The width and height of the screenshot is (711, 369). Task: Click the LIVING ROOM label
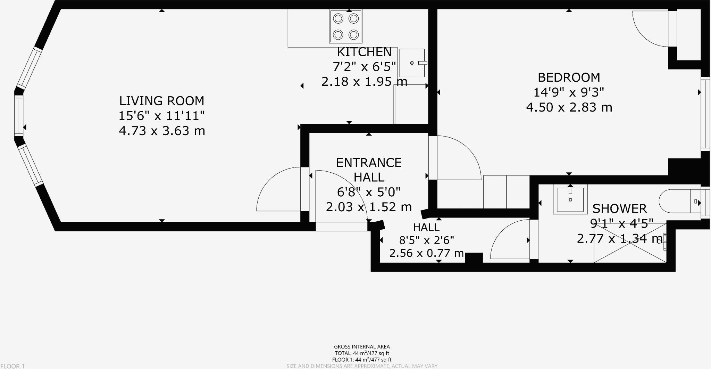point(162,101)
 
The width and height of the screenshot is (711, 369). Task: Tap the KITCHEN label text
point(364,52)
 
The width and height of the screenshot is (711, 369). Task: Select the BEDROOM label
point(569,77)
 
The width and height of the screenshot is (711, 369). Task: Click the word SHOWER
point(619,208)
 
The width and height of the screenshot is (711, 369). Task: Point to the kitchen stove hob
point(346,26)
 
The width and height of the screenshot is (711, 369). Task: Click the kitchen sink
point(412,63)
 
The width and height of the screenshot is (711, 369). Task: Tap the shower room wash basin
point(570,199)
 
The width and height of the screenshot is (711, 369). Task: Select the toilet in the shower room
point(680,201)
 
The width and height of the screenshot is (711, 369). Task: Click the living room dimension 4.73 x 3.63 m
point(162,131)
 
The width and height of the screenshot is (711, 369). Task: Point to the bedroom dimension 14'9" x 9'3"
point(569,92)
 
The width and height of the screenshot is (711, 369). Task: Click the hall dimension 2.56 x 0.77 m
point(427,253)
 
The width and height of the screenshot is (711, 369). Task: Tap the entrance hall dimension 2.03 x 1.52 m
point(369,207)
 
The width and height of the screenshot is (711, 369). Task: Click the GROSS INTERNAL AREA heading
point(362,346)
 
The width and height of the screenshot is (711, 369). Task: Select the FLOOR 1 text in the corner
point(12,366)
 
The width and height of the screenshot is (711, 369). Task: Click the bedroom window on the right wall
point(705,114)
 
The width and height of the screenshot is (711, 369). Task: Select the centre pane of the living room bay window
point(19,116)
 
